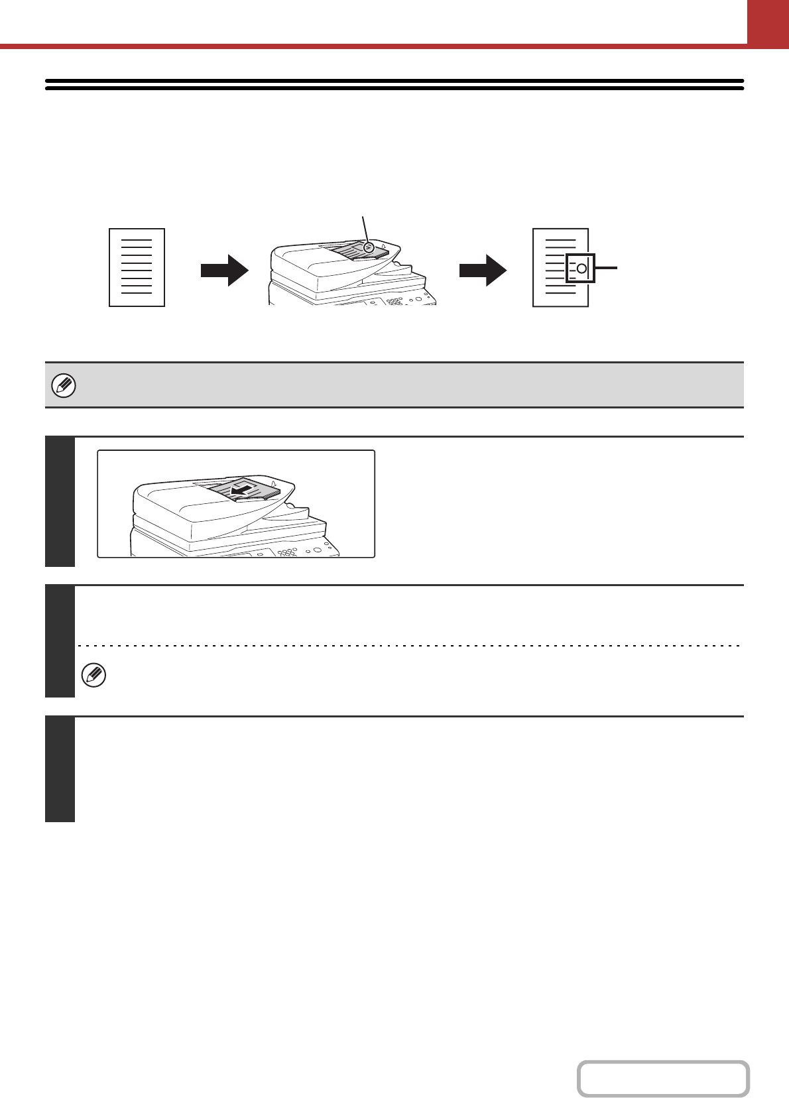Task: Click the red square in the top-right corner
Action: (768, 21)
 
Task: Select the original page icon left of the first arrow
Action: (137, 267)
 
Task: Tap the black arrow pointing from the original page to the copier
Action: (224, 269)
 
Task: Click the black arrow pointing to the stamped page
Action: (483, 269)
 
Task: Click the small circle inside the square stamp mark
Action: (581, 269)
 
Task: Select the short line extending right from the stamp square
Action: (607, 268)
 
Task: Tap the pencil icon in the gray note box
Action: (64, 385)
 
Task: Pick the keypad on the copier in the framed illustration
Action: (288, 552)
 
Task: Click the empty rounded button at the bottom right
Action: (663, 1079)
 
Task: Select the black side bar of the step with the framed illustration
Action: (60, 501)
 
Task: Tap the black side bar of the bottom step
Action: (60, 769)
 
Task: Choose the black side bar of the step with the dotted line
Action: (60, 641)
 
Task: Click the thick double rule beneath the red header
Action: (394, 84)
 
